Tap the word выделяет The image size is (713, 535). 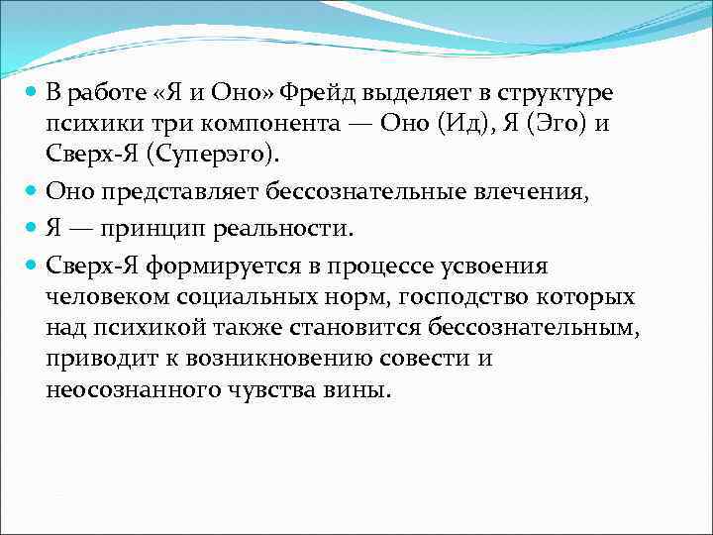[x=403, y=93]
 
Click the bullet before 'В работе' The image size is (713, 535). [x=32, y=93]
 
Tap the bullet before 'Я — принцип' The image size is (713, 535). [x=32, y=227]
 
